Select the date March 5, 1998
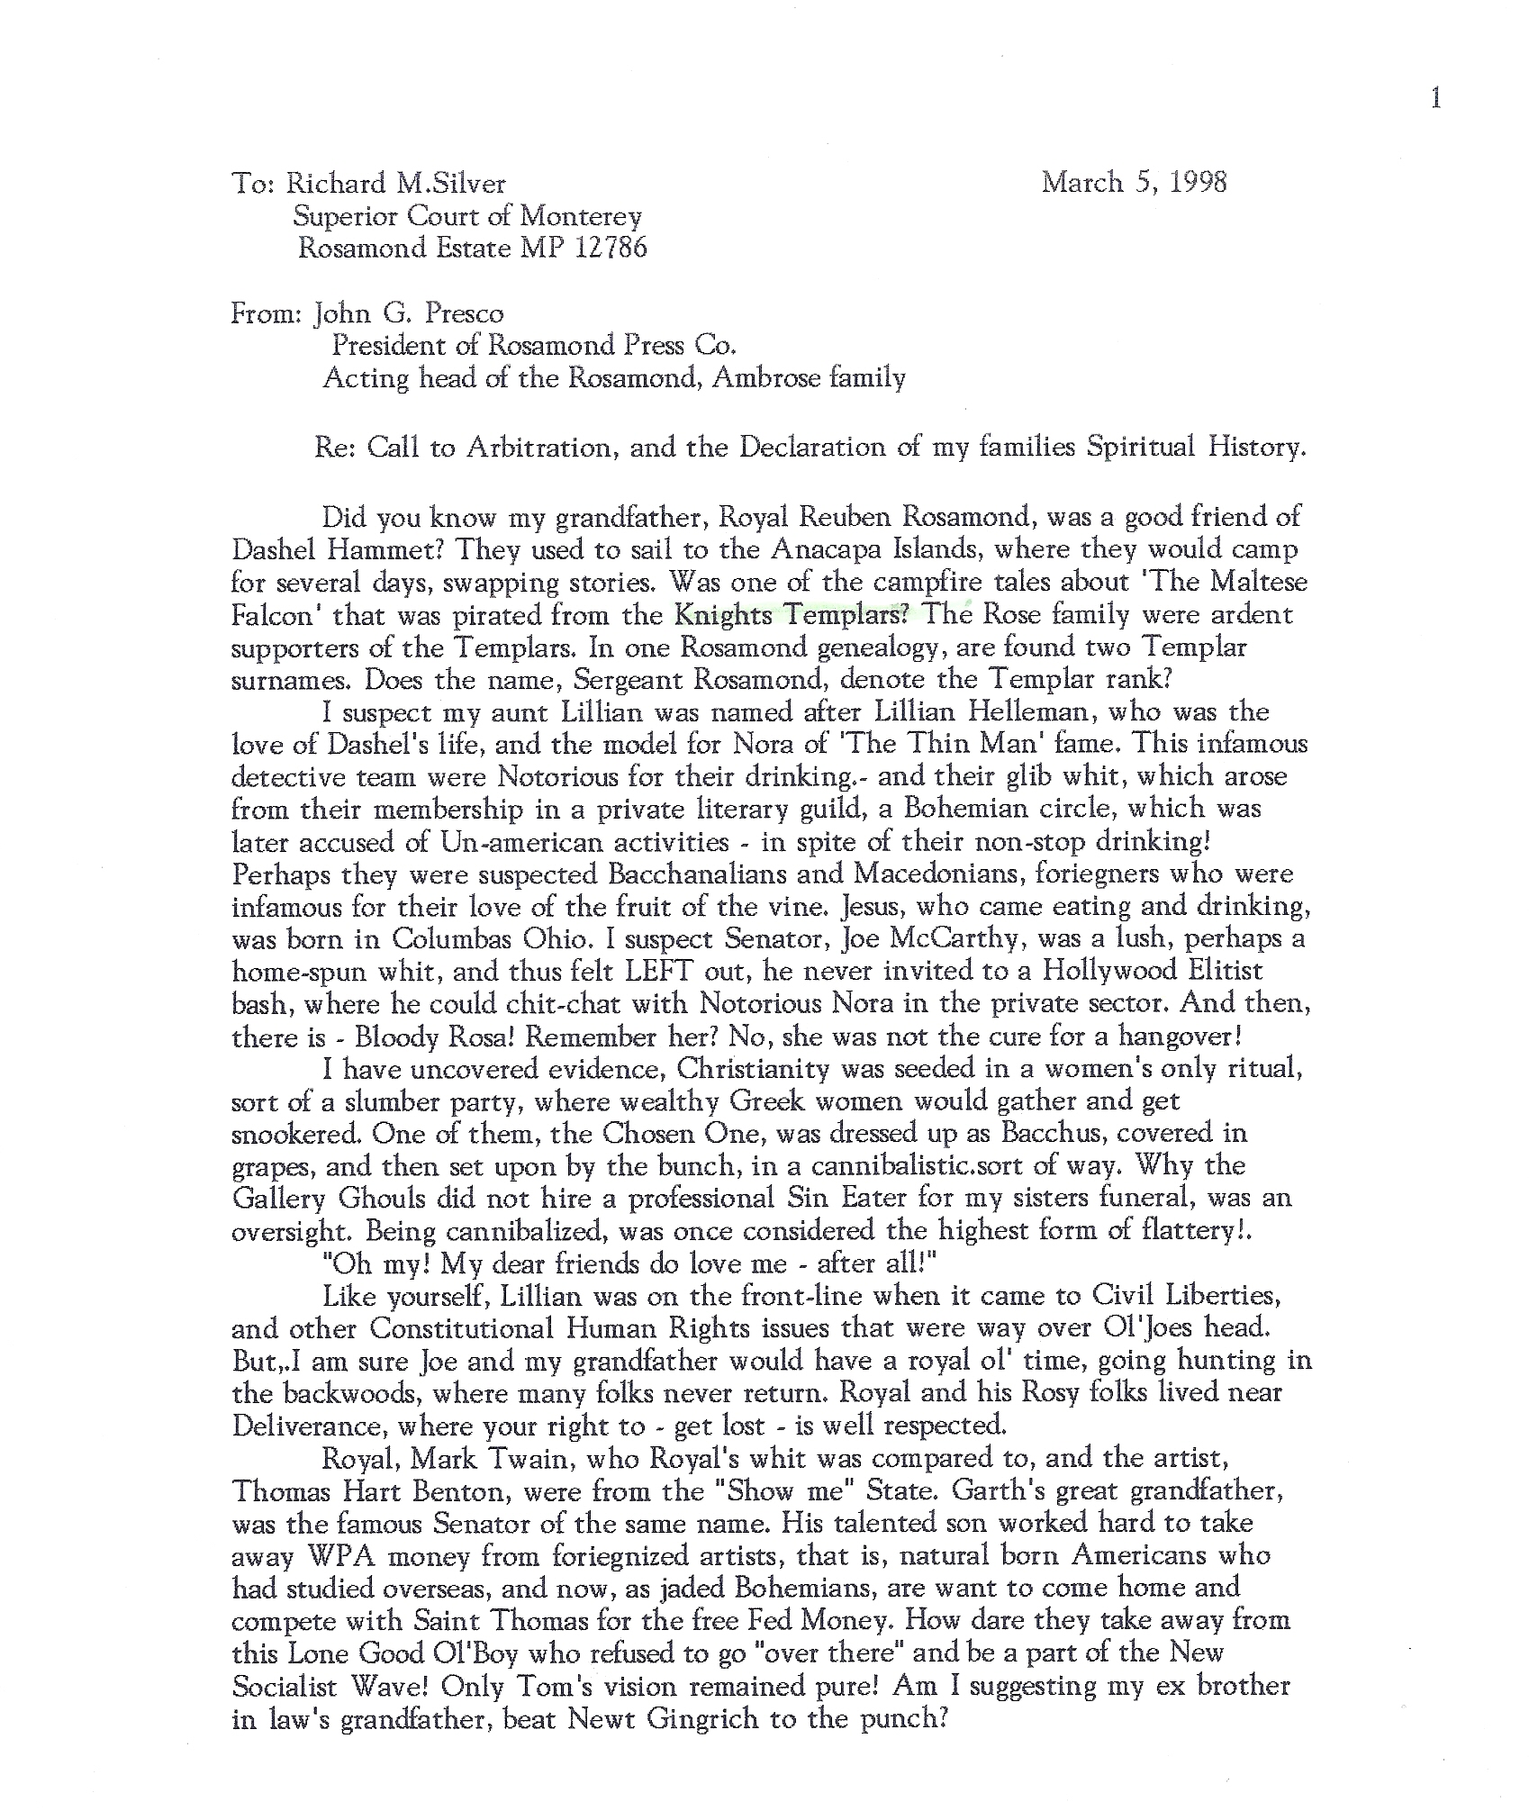[x=1134, y=183]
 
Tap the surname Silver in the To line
[x=464, y=183]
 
